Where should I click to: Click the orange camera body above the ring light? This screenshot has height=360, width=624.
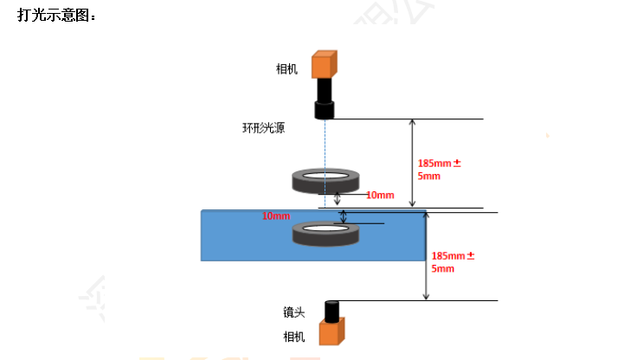[x=325, y=64]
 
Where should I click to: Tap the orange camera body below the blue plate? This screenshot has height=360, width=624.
[x=331, y=334]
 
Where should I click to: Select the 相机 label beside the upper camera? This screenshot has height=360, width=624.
[x=286, y=69]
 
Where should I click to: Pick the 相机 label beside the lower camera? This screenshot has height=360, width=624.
[x=294, y=337]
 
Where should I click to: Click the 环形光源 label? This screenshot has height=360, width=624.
[x=263, y=129]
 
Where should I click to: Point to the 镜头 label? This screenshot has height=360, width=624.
[x=294, y=312]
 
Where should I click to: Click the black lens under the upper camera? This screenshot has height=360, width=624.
[x=325, y=99]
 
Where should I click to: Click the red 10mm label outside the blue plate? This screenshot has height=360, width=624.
[x=380, y=195]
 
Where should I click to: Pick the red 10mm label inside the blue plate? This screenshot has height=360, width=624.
[x=276, y=215]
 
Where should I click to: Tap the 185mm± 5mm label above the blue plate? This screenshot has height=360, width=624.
[x=440, y=169]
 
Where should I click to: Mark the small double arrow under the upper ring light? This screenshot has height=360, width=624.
[x=325, y=198]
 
